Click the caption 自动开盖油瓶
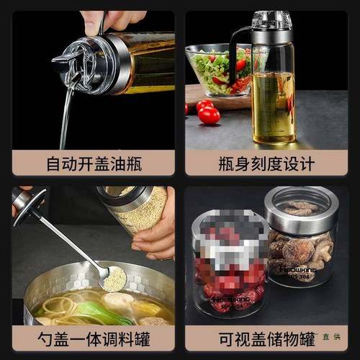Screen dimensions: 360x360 point(94,163)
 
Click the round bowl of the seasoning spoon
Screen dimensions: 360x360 point(113,279)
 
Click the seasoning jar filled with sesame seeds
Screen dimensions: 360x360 point(140,209)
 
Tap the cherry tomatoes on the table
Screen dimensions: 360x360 point(207,112)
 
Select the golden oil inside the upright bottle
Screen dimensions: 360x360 point(274,108)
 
